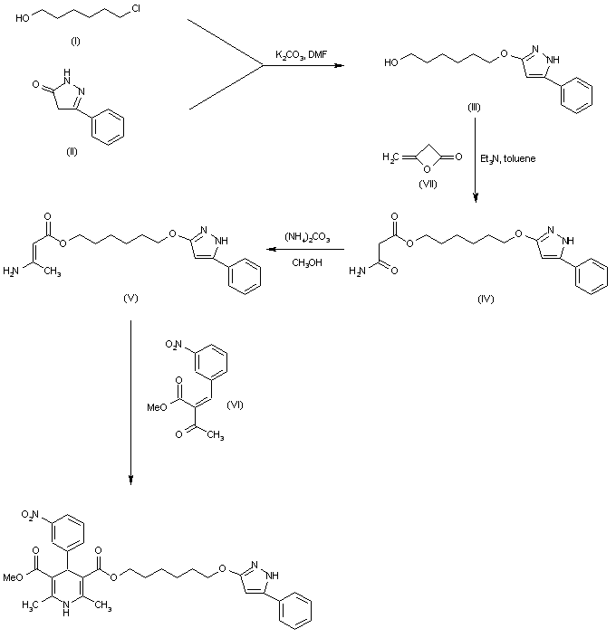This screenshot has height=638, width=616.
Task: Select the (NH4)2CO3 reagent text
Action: (303, 238)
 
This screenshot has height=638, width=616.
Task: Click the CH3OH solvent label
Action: (303, 263)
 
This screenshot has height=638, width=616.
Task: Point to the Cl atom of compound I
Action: (136, 11)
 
